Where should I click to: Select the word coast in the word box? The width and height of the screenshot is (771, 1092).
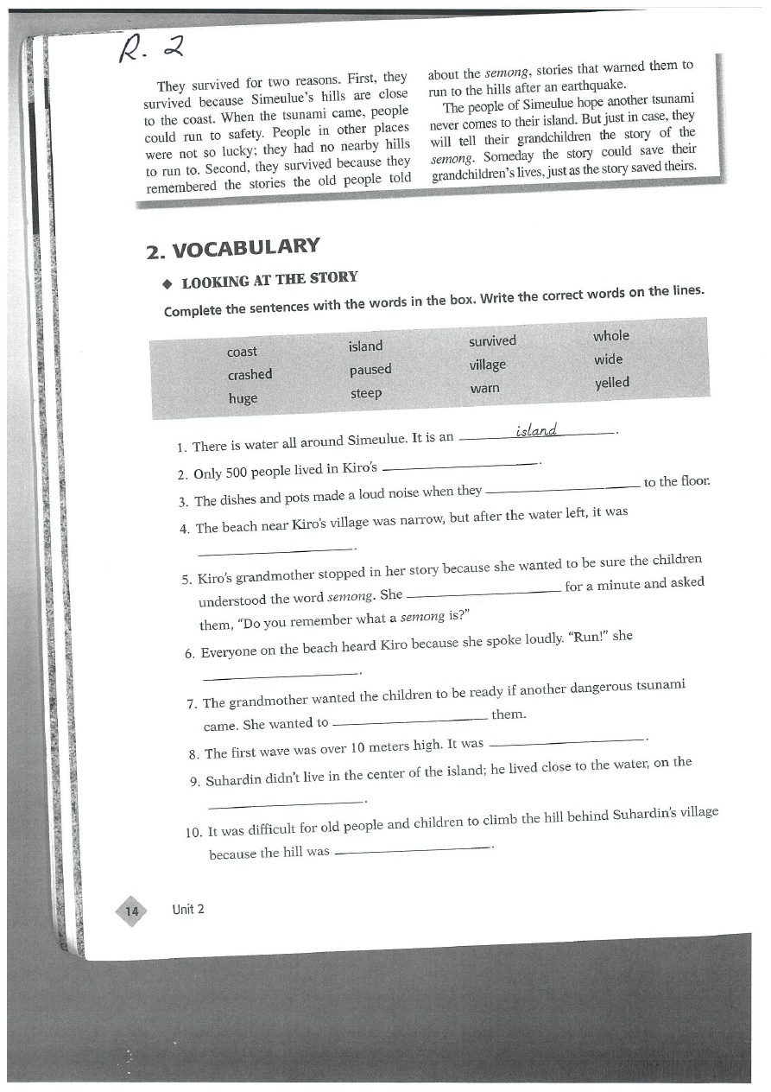(x=242, y=352)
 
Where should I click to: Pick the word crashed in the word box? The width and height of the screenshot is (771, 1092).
(x=250, y=375)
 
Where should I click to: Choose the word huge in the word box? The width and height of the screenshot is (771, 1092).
(x=243, y=398)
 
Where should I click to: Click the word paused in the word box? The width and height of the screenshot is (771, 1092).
(x=370, y=370)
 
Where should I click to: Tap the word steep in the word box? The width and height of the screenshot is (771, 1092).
(x=366, y=394)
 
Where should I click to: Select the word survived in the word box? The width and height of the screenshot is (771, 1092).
(x=492, y=341)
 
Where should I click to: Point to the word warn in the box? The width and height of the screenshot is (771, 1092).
(x=484, y=389)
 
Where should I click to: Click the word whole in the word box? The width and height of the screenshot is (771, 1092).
(x=611, y=336)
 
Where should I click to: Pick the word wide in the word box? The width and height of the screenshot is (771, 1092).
(x=608, y=359)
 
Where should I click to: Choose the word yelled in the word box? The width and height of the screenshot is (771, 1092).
(x=612, y=383)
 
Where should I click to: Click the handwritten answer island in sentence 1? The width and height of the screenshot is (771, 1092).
(x=536, y=430)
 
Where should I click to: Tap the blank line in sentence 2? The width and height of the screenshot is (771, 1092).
(x=459, y=467)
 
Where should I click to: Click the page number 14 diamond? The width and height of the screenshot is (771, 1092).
(x=132, y=911)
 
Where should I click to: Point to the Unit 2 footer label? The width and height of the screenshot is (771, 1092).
(x=188, y=909)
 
